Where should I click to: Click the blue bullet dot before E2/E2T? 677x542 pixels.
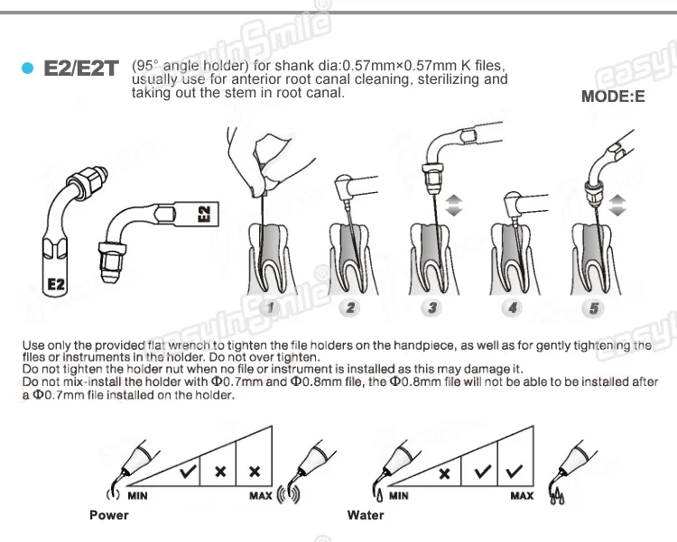tap(27, 69)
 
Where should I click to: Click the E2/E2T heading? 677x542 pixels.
tap(80, 69)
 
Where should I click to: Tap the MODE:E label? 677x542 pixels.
tap(613, 96)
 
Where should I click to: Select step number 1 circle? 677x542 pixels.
tap(271, 308)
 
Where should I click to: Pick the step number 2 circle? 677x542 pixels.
tap(350, 308)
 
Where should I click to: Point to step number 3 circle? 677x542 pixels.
tap(431, 308)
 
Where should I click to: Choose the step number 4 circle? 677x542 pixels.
tap(513, 308)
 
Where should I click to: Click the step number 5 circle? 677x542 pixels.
tap(594, 308)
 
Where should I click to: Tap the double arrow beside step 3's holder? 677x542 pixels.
tap(454, 205)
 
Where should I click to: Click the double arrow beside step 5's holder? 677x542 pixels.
tap(617, 205)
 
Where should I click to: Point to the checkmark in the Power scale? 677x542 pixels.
tap(189, 471)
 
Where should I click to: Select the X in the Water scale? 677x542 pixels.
tap(444, 473)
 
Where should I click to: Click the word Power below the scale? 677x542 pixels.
tap(109, 515)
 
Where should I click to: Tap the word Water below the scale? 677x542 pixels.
tap(366, 515)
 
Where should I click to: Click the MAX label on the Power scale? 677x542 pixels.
tap(260, 496)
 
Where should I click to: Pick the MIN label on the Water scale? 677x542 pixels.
tap(398, 496)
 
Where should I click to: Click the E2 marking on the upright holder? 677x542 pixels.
tap(56, 284)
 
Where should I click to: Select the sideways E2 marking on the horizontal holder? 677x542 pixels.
tap(204, 214)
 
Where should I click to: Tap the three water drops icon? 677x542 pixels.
tap(557, 496)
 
